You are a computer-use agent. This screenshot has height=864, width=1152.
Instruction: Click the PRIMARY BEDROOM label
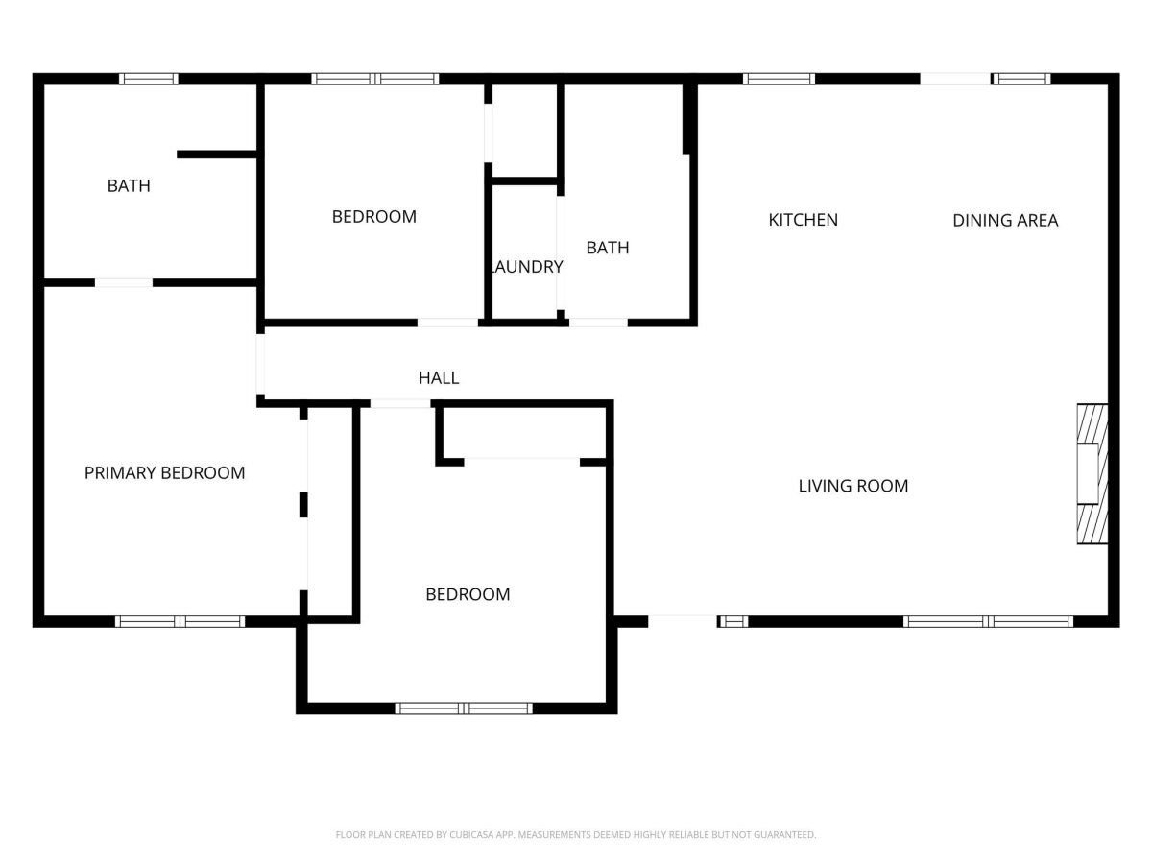pyautogui.click(x=164, y=472)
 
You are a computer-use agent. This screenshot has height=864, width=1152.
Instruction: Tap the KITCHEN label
pyautogui.click(x=803, y=220)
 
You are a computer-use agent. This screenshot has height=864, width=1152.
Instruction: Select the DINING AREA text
pyautogui.click(x=1005, y=221)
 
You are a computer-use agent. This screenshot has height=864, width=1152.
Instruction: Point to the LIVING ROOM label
pyautogui.click(x=852, y=486)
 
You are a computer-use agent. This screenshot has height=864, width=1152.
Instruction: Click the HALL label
pyautogui.click(x=439, y=377)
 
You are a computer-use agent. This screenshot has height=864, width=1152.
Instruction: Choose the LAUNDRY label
pyautogui.click(x=526, y=267)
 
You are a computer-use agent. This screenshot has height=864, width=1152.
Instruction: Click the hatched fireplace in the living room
pyautogui.click(x=1092, y=473)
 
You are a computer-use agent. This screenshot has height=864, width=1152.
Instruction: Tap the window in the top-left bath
pyautogui.click(x=149, y=80)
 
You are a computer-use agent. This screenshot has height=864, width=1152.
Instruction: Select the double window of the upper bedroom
pyautogui.click(x=374, y=80)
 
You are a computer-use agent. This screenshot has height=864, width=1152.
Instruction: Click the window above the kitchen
pyautogui.click(x=779, y=80)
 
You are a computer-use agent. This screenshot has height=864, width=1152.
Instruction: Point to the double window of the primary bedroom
pyautogui.click(x=180, y=622)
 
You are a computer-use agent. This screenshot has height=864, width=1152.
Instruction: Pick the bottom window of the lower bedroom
pyautogui.click(x=464, y=708)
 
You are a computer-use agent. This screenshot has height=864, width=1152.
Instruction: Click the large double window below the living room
pyautogui.click(x=988, y=622)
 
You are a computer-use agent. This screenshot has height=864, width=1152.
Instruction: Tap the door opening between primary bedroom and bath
pyautogui.click(x=124, y=283)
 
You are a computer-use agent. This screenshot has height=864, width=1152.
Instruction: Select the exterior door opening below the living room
pyautogui.click(x=683, y=622)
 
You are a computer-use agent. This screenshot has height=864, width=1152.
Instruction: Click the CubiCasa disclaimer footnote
pyautogui.click(x=576, y=834)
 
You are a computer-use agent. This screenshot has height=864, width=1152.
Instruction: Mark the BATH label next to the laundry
pyautogui.click(x=608, y=248)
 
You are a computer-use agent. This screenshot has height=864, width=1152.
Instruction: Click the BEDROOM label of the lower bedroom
pyautogui.click(x=468, y=594)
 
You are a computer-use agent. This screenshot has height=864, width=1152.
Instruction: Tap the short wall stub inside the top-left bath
pyautogui.click(x=217, y=155)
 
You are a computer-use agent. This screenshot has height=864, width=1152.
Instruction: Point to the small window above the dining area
pyautogui.click(x=1021, y=80)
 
